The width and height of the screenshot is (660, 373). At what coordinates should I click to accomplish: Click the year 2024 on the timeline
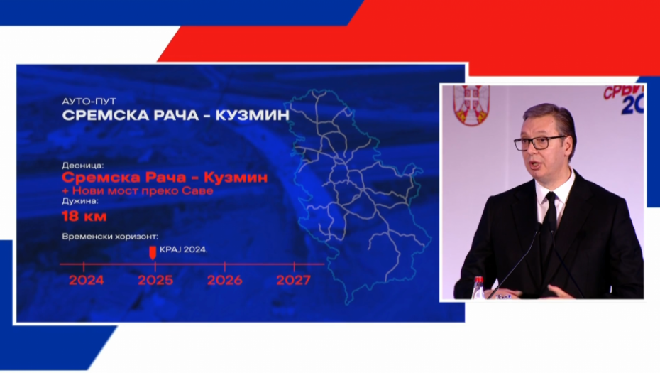coord(86,280)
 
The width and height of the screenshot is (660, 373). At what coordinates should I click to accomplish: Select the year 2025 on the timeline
coord(155,280)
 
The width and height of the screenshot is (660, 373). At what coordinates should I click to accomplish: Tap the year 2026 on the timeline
coord(224,280)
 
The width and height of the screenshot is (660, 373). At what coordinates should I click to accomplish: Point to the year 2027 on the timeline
coord(293,280)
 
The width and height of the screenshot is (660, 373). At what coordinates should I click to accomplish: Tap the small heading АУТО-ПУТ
coord(87,102)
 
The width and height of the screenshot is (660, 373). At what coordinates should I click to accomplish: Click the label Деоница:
coord(83,164)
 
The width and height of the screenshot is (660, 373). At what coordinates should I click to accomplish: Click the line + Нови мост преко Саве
coord(137,190)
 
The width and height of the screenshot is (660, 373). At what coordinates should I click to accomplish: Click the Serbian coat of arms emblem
coord(471,104)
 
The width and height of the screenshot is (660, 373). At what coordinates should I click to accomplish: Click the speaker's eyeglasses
coord(539,143)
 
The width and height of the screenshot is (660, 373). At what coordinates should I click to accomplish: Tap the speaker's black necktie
coord(551,214)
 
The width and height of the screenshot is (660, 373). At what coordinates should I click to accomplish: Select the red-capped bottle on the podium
coord(478,287)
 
